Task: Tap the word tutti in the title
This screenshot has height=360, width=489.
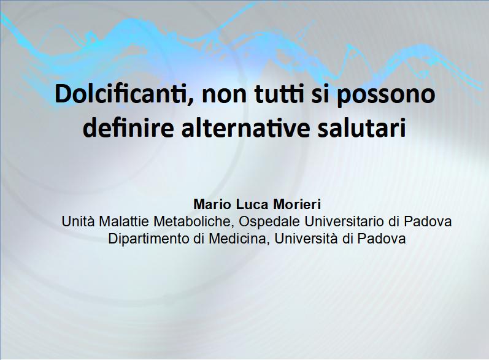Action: [279, 93]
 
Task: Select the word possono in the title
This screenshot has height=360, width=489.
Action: [385, 96]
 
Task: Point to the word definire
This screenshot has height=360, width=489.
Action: [128, 128]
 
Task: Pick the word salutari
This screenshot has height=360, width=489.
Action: [362, 128]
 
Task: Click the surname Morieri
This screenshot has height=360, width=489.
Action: [297, 204]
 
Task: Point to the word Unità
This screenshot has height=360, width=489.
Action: [79, 221]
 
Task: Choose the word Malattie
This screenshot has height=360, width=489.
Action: [124, 221]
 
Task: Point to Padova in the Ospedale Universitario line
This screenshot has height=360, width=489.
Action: [428, 221]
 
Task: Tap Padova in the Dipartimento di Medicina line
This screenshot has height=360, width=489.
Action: [382, 239]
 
